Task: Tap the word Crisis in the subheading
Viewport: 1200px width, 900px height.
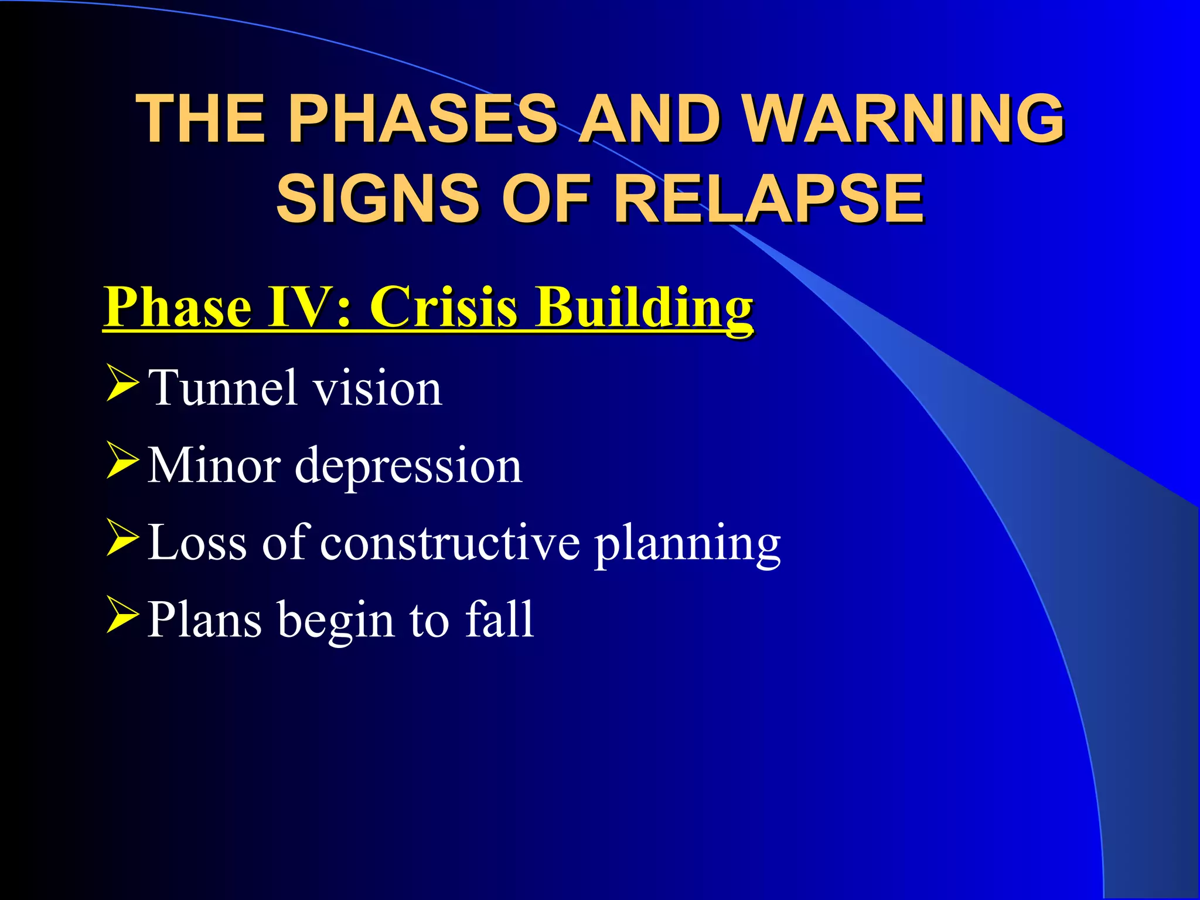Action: (x=444, y=307)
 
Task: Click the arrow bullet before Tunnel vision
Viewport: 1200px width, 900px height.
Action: (x=122, y=383)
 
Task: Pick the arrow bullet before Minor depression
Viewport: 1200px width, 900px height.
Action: (x=122, y=461)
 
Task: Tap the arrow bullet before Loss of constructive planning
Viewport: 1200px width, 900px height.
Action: (x=122, y=538)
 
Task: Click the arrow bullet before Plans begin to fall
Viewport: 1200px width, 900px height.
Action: (x=122, y=615)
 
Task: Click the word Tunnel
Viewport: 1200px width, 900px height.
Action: (x=223, y=387)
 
